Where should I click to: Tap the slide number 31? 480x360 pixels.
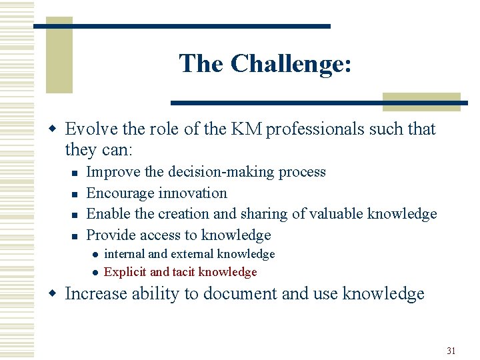click(451, 351)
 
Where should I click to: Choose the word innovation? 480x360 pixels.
click(195, 193)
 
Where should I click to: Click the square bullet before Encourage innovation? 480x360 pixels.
click(75, 194)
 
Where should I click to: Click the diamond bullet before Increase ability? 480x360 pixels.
click(57, 294)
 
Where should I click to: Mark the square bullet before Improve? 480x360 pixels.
click(75, 173)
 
